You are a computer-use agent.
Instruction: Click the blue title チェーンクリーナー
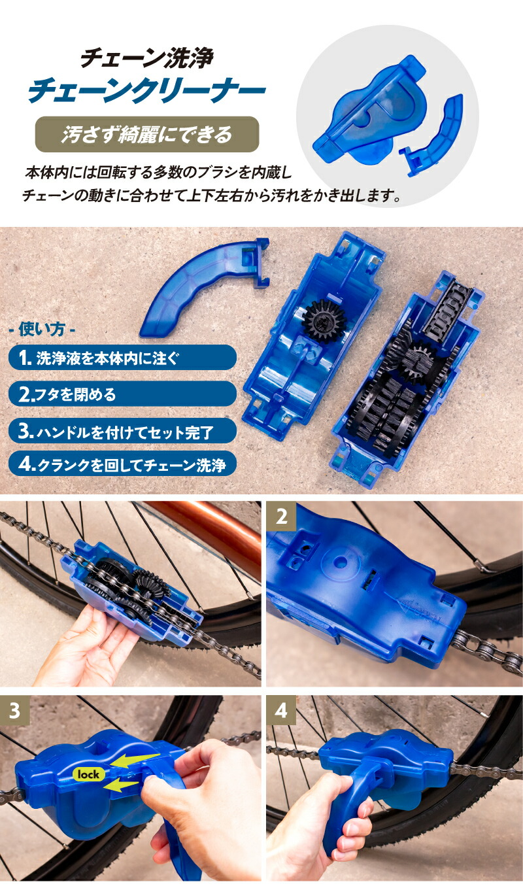(146, 92)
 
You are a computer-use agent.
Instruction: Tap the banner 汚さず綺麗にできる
(147, 135)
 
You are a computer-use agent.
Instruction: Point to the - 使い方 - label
(43, 329)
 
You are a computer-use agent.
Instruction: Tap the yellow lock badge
(88, 774)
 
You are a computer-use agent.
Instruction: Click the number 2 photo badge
(282, 516)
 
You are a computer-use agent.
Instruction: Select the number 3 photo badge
(15, 710)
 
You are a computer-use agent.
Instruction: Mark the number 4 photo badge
(282, 710)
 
